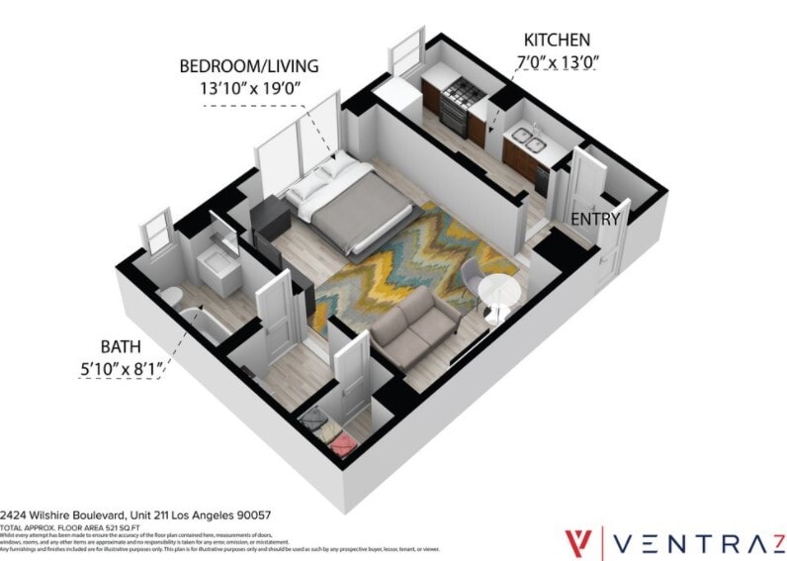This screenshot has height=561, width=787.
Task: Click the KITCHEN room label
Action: click(557, 41)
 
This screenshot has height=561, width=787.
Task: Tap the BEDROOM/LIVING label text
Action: click(249, 67)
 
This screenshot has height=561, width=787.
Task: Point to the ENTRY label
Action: click(595, 219)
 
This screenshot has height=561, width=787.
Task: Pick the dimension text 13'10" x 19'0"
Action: click(249, 89)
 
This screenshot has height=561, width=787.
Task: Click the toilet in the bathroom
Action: click(170, 296)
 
